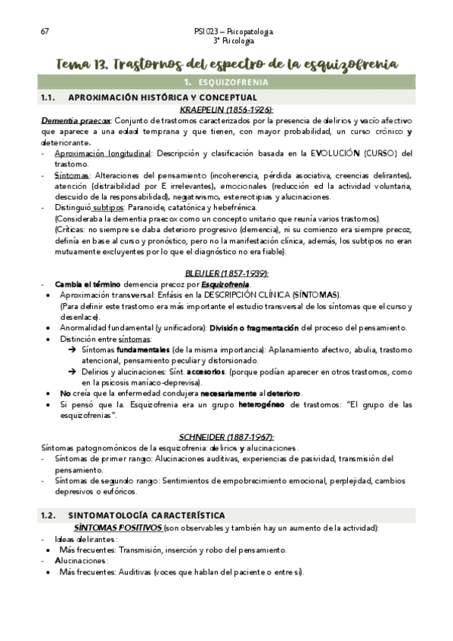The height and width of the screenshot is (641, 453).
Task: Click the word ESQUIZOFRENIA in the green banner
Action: pyautogui.click(x=234, y=82)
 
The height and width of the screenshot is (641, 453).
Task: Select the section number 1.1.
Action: pyautogui.click(x=49, y=98)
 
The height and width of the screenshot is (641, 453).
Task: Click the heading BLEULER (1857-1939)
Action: pyautogui.click(x=226, y=273)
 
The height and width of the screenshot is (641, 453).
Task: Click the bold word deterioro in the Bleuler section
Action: pyautogui.click(x=282, y=394)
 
